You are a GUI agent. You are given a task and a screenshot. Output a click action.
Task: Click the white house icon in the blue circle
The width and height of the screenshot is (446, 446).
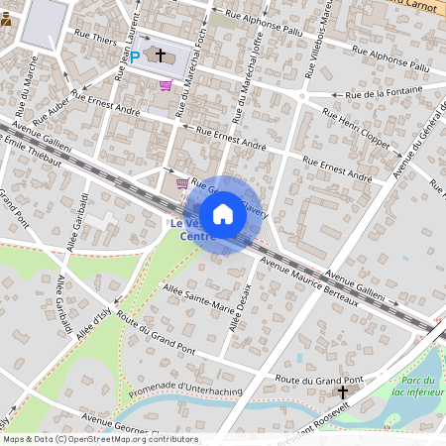tap(223, 214)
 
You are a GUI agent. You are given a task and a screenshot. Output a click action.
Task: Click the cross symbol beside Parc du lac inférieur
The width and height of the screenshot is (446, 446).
tap(344, 393)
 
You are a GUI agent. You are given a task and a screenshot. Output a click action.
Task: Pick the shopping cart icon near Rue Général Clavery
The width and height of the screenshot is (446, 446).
tap(181, 183)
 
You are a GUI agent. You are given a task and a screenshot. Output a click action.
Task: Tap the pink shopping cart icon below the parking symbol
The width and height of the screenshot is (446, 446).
tap(165, 86)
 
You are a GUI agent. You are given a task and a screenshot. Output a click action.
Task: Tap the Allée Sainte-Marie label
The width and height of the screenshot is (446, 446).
tap(198, 294)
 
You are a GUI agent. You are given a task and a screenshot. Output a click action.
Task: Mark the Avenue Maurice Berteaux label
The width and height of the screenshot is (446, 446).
tap(307, 282)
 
